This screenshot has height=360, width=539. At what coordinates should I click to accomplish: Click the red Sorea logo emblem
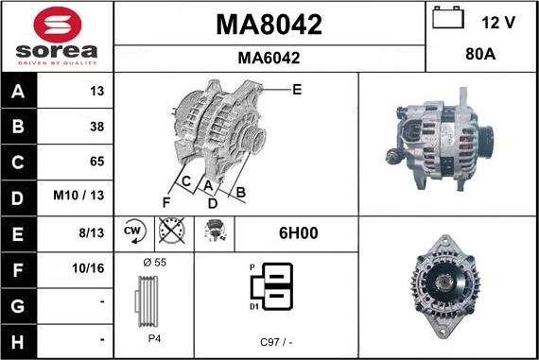(58, 25)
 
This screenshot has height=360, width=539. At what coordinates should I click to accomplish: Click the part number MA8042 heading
(269, 25)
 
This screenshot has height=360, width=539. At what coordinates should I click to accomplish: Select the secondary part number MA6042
(269, 58)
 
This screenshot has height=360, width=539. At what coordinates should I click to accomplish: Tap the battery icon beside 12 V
(448, 18)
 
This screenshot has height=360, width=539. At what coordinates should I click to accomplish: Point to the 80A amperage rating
(480, 54)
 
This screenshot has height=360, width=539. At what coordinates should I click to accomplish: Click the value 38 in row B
(97, 127)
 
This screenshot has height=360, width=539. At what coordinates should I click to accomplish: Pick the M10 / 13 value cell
(78, 196)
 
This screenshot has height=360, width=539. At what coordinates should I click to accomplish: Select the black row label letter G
(18, 306)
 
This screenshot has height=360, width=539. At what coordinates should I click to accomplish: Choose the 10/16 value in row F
(88, 268)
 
